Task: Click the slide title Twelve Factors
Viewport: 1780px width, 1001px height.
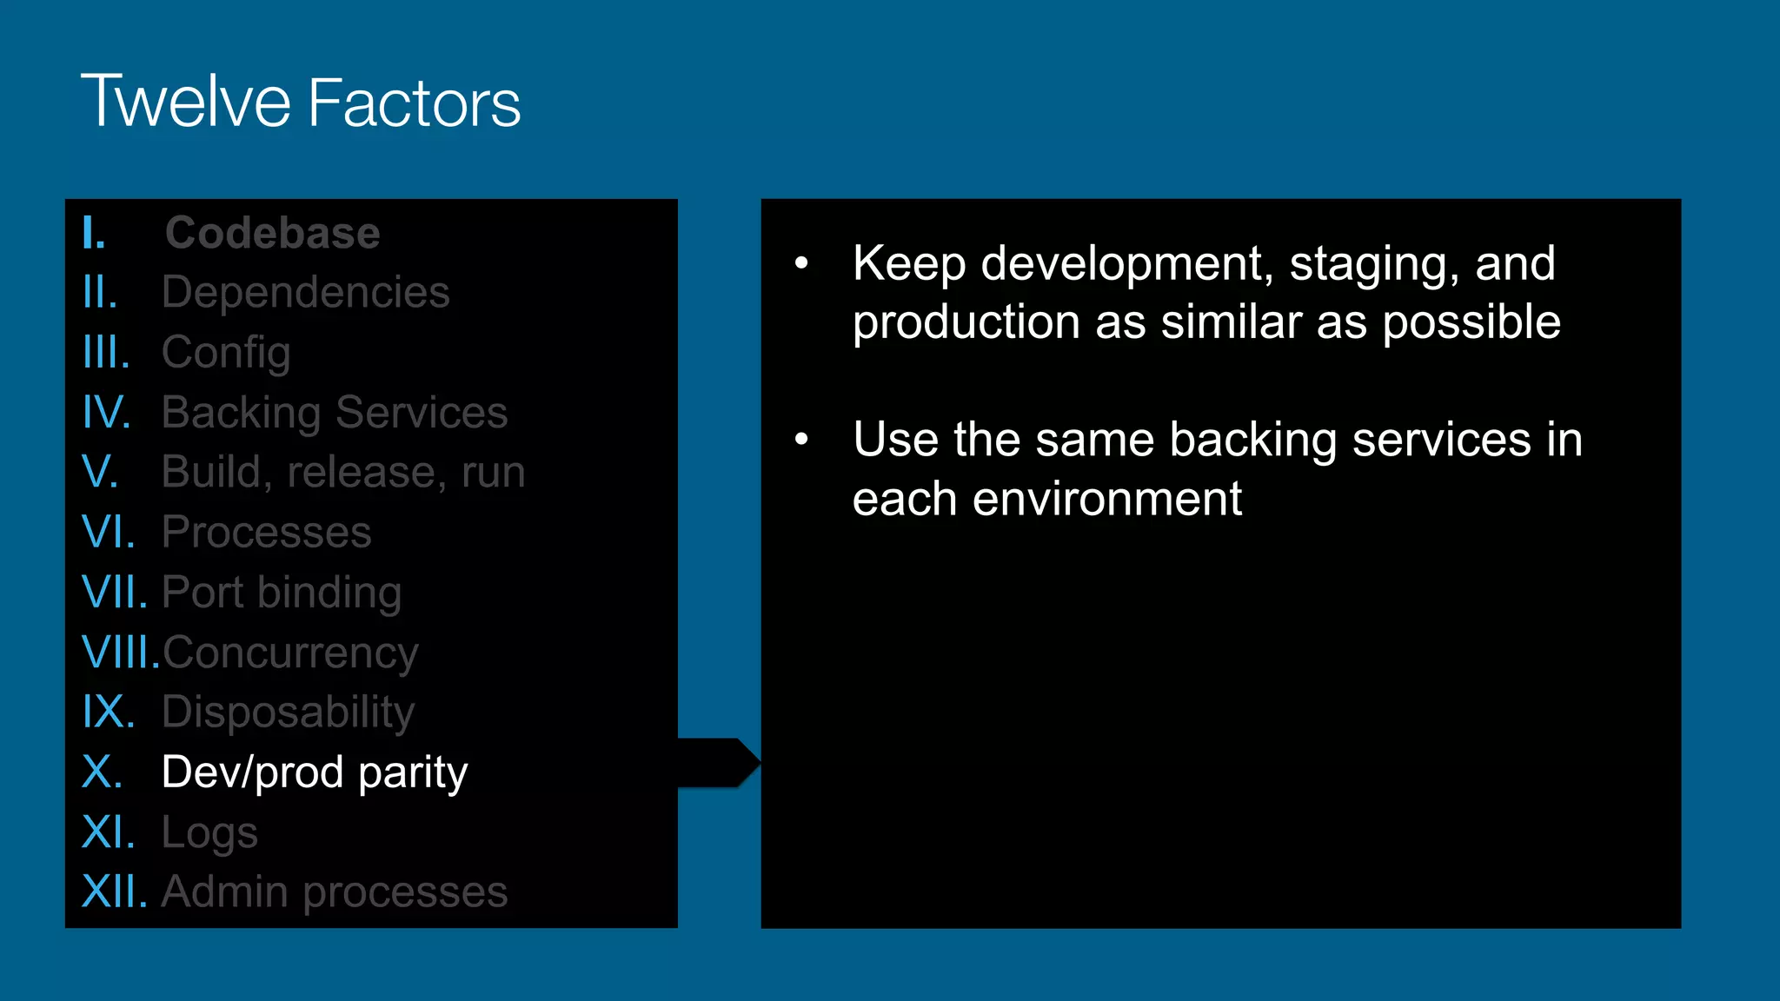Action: (301, 103)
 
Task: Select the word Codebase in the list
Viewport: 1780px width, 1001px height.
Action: (273, 233)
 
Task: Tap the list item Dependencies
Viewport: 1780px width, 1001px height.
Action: (306, 292)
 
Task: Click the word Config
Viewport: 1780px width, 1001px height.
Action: (226, 353)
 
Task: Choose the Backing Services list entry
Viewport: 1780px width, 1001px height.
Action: (335, 412)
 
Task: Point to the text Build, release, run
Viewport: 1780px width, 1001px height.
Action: (343, 472)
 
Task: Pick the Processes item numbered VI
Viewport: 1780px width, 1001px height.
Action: (266, 532)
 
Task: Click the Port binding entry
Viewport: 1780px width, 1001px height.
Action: (282, 593)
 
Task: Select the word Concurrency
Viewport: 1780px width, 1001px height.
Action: (290, 653)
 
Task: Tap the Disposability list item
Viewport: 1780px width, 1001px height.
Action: (289, 713)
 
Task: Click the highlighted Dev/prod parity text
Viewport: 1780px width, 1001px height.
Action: (315, 772)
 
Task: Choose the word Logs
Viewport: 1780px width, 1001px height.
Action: (209, 832)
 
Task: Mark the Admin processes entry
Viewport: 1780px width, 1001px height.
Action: (335, 892)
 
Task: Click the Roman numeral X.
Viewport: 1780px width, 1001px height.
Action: (102, 772)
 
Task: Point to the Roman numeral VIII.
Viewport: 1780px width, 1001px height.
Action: (120, 652)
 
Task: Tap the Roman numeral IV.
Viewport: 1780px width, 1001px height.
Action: (106, 412)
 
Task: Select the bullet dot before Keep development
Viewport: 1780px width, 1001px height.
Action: (801, 262)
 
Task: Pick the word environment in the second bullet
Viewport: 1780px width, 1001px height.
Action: (1107, 500)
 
